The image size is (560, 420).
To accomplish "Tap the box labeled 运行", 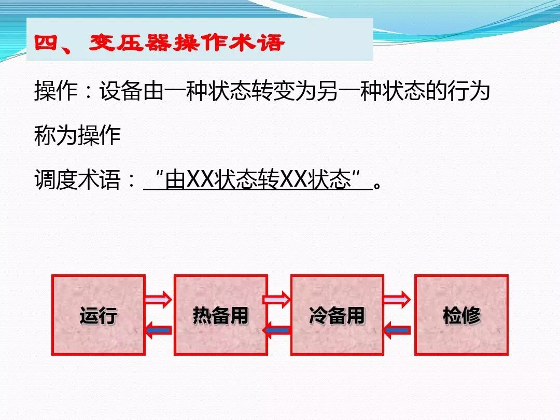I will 99,315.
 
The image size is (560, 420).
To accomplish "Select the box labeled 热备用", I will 220,315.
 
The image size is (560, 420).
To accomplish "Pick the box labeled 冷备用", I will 337,315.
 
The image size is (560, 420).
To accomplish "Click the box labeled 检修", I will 461,315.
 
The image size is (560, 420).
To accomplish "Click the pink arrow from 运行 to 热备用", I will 158,299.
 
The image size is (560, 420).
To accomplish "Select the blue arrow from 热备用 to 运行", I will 158,330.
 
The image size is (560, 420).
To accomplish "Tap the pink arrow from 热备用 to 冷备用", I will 277,299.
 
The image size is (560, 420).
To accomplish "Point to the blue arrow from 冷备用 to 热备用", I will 277,330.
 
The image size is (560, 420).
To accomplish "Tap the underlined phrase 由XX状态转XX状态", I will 258,181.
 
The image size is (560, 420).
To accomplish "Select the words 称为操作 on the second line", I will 78,136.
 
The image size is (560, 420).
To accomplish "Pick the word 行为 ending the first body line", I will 469,92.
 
